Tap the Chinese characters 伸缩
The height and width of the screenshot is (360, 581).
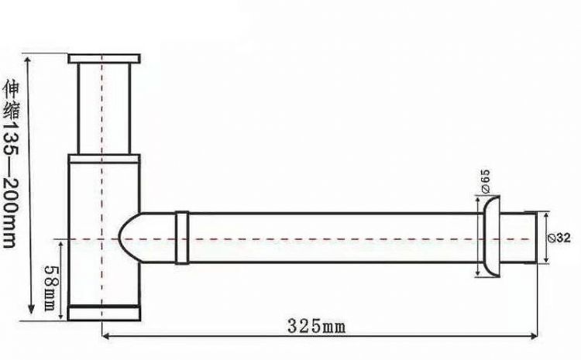(x=10, y=96)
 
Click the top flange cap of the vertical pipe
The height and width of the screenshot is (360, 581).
(x=104, y=58)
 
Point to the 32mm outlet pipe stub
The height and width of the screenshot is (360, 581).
(x=519, y=238)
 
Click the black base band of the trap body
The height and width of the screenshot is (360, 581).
(x=104, y=313)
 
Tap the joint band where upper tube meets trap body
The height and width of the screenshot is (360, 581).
(x=104, y=157)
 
